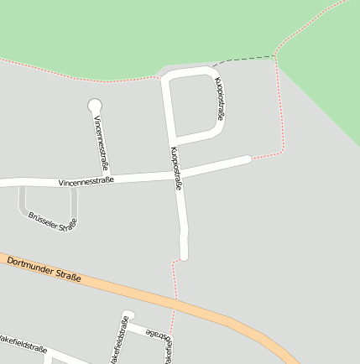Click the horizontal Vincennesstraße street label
point(86,181)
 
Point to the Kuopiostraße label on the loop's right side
point(219,99)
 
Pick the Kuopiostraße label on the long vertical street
point(177,169)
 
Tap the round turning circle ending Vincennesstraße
point(95,105)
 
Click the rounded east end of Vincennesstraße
point(247,159)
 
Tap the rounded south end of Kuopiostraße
point(184,255)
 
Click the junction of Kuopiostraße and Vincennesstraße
point(178,174)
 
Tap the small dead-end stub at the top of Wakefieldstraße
point(127,315)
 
